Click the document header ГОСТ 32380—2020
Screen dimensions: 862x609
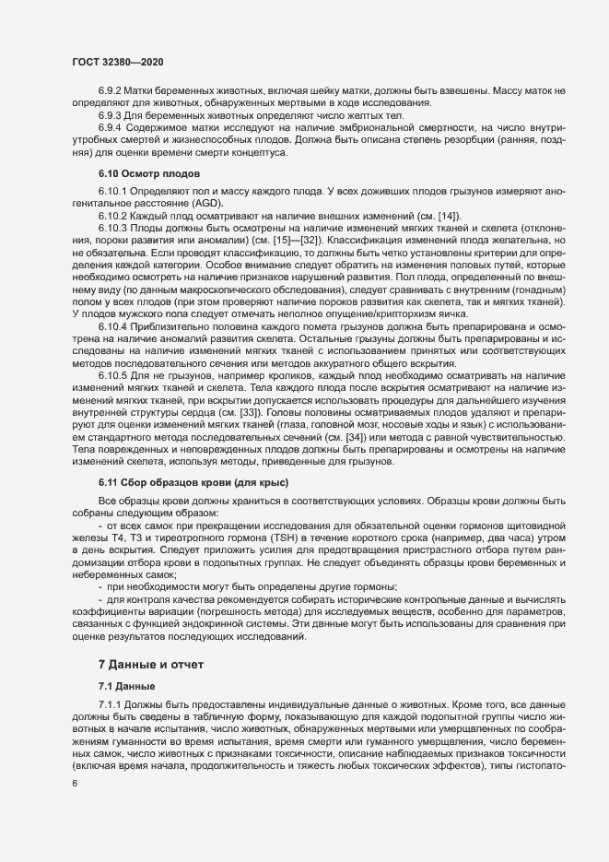click(x=113, y=62)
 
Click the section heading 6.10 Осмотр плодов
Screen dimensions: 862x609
click(x=143, y=173)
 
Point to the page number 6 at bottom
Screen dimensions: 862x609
click(x=74, y=784)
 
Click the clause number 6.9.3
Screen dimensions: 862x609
click(x=110, y=116)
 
